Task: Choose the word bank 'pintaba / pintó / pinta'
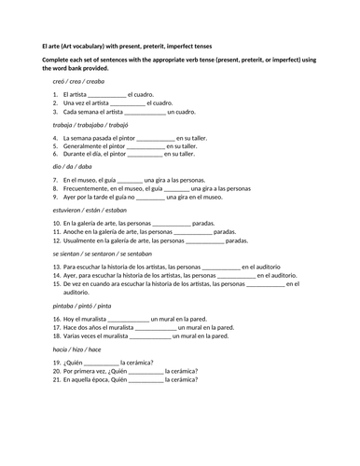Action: [x=84, y=305]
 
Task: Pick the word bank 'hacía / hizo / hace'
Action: [x=78, y=349]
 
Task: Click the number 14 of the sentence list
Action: [x=57, y=276]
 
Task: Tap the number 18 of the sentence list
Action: [x=57, y=336]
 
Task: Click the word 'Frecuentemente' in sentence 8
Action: [x=89, y=189]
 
